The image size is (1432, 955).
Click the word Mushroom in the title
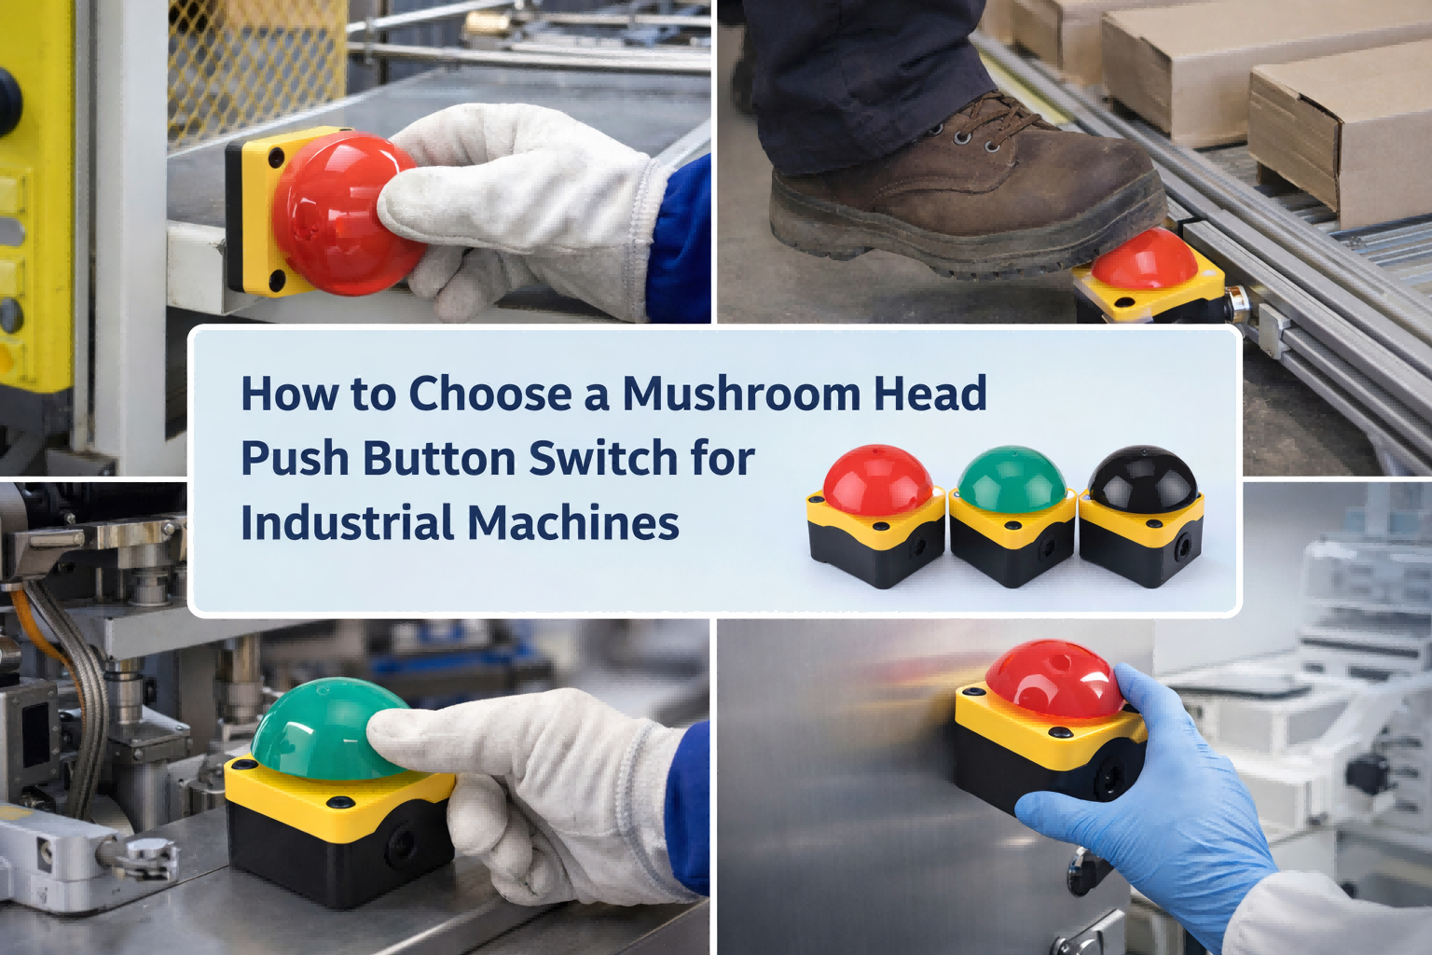[740, 394]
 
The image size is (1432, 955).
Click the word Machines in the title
[572, 522]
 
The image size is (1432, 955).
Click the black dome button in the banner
[1142, 478]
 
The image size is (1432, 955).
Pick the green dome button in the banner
[1012, 480]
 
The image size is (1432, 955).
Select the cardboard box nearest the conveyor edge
[1342, 131]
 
